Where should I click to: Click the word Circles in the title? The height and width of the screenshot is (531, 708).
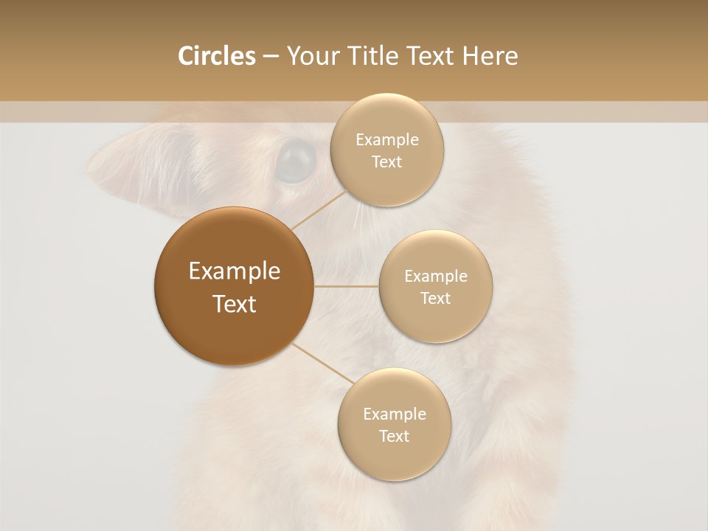tap(217, 56)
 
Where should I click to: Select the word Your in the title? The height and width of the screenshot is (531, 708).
tap(313, 56)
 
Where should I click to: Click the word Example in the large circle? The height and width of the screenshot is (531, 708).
tap(235, 271)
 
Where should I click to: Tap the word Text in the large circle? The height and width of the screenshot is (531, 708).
tap(235, 304)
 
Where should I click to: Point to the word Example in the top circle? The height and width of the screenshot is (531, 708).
tap(387, 140)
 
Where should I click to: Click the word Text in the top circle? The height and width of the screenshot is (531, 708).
tap(387, 162)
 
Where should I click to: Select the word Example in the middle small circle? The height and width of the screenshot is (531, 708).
tap(436, 277)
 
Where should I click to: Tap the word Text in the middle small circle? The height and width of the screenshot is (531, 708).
tap(436, 299)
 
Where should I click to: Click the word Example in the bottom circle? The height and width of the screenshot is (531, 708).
tap(395, 414)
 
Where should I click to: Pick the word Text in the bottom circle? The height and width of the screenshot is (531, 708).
tap(395, 437)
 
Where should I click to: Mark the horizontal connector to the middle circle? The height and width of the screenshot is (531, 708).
tap(347, 286)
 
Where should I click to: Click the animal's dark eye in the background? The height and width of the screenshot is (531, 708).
tap(296, 159)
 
